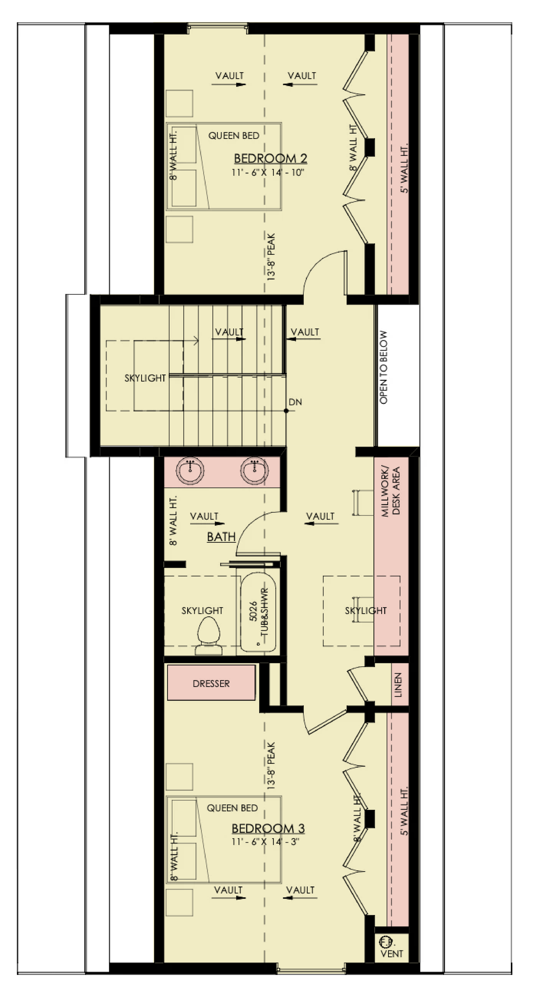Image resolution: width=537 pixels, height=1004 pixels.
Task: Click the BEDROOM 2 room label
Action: click(270, 158)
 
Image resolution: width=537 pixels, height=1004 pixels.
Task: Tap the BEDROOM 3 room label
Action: click(268, 828)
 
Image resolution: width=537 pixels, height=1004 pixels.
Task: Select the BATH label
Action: click(221, 537)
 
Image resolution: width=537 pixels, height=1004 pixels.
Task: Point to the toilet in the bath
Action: click(209, 636)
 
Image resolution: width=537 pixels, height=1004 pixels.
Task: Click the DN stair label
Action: click(295, 402)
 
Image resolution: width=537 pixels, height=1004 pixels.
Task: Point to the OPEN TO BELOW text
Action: click(384, 367)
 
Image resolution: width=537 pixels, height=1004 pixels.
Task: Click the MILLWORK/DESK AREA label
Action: click(391, 491)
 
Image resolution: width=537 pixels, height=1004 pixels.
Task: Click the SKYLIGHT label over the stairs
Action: click(145, 378)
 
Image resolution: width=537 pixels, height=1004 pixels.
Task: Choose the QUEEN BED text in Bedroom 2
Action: click(234, 136)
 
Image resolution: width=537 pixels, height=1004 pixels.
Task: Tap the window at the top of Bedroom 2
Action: click(217, 26)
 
